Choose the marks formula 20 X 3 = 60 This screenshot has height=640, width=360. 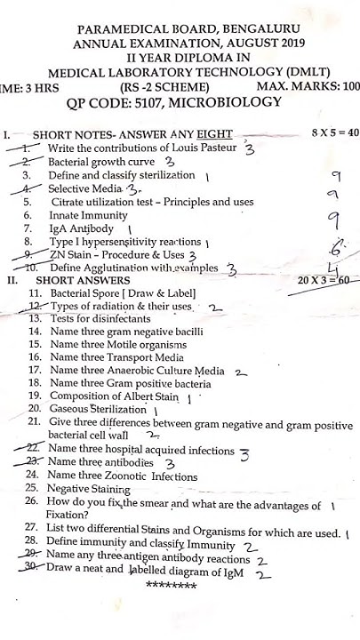(x=327, y=281)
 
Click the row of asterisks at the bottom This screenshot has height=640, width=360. (x=171, y=586)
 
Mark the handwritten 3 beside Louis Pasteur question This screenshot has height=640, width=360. (x=250, y=149)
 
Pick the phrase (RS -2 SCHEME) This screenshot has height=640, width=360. (x=164, y=86)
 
